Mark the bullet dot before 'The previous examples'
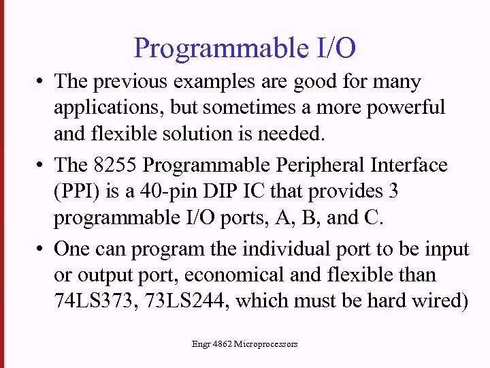tap(42, 82)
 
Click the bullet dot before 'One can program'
tap(42, 249)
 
